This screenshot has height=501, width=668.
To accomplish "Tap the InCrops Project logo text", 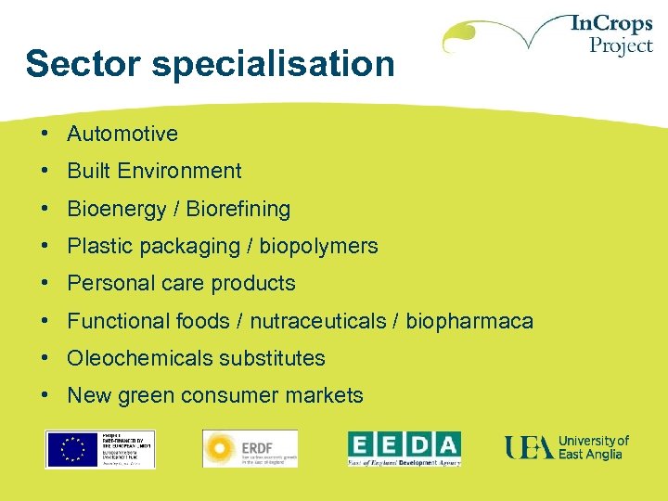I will pos(613,34).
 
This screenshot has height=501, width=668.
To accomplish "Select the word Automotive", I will pos(122,134).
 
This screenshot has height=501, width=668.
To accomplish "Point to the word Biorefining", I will pos(238,209).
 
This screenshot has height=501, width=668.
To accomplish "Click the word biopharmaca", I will pos(469,321).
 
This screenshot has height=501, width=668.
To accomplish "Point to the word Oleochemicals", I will pos(128,358).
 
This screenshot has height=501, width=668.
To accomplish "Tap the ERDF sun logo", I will pos(221,448).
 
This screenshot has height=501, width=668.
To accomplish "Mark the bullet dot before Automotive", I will pos(45,134).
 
